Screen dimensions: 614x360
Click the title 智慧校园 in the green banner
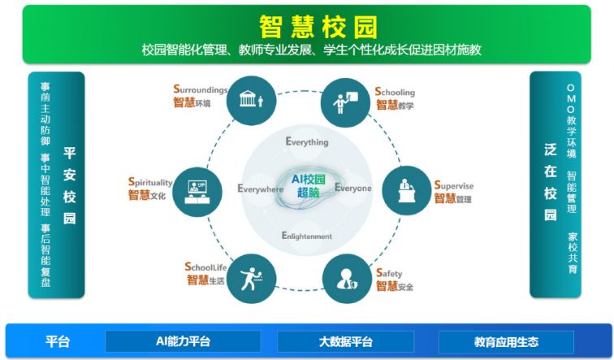click(x=318, y=27)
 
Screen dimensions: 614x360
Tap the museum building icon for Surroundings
click(x=251, y=99)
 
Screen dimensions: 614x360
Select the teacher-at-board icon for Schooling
click(x=345, y=102)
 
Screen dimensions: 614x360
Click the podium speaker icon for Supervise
click(x=406, y=190)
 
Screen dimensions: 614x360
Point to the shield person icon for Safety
click(x=347, y=280)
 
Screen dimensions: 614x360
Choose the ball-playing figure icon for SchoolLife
click(x=251, y=279)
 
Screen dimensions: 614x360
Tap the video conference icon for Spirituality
click(x=197, y=192)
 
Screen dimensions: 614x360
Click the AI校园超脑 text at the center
click(x=308, y=185)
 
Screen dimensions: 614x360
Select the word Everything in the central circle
click(x=307, y=142)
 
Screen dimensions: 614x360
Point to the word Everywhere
click(x=260, y=189)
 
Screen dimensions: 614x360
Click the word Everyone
click(x=352, y=188)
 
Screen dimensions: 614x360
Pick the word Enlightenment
click(x=307, y=236)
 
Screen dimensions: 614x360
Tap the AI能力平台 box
click(x=183, y=341)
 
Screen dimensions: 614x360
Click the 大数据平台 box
click(x=346, y=341)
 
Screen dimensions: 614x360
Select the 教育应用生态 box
click(x=506, y=341)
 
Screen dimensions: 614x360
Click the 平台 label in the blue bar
click(x=57, y=341)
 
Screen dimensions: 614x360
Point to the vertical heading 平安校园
click(x=69, y=185)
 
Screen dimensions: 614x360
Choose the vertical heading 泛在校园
click(x=550, y=182)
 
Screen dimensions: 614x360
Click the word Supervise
click(x=454, y=185)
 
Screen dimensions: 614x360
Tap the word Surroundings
click(x=201, y=89)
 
